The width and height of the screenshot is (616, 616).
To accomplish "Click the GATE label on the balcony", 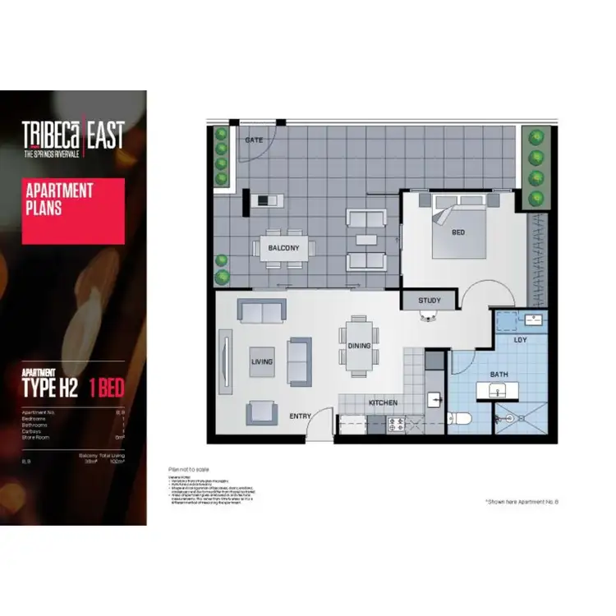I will point(252,140).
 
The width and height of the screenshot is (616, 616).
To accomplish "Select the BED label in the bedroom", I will point(458,232).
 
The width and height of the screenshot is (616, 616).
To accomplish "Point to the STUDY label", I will point(430,301).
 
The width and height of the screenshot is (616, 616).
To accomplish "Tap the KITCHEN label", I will point(383,402).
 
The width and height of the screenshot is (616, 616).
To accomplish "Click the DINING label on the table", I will point(359,346).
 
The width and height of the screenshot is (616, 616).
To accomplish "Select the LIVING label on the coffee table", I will point(262,361).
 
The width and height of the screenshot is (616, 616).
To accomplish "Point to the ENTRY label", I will point(301,416).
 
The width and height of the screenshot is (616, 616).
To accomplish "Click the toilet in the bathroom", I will point(461,419).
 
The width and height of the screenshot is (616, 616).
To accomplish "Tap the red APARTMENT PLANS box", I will point(73,211).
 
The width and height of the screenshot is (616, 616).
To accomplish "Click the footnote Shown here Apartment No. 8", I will point(521,500).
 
